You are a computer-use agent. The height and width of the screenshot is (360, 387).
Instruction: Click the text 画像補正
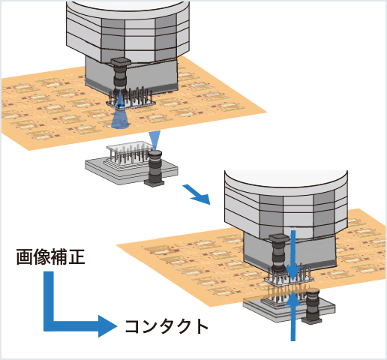tap(51, 258)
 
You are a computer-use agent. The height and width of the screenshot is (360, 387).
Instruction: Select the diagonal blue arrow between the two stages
tap(198, 196)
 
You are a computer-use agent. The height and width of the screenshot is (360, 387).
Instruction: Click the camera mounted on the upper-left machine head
tap(119, 76)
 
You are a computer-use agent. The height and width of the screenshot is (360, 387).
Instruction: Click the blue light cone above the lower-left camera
tap(154, 139)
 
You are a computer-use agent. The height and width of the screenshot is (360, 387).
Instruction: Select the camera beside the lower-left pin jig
tap(155, 169)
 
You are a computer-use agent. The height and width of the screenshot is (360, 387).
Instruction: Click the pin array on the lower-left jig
tap(127, 154)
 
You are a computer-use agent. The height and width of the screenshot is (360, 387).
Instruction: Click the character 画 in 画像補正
tap(24, 258)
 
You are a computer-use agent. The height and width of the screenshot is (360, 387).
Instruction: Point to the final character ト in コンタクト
tap(198, 326)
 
